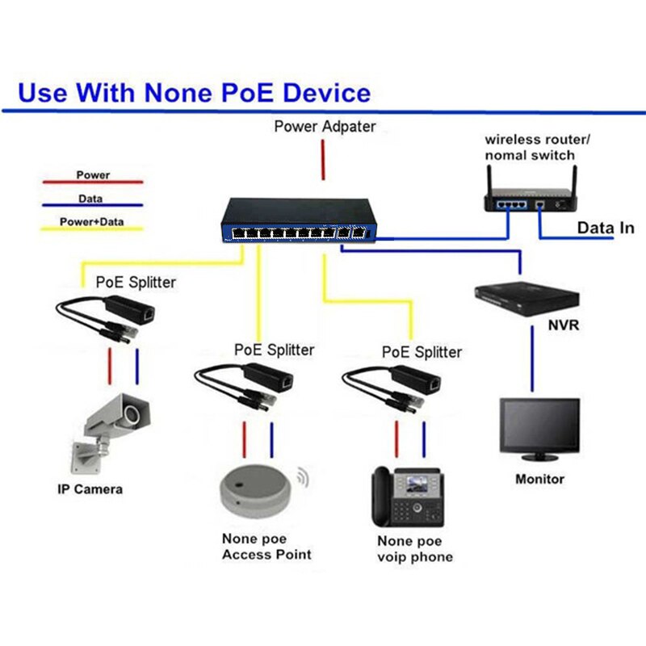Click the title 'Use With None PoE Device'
pos(194,91)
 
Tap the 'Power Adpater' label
pos(325,126)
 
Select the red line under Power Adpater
pos(324,159)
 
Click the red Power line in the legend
pos(94,183)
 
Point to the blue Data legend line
pos(94,207)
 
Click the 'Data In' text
pos(605,229)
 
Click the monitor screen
pos(539,425)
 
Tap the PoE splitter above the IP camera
pos(105,315)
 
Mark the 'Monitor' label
pos(539,479)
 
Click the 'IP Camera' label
pos(90,489)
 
